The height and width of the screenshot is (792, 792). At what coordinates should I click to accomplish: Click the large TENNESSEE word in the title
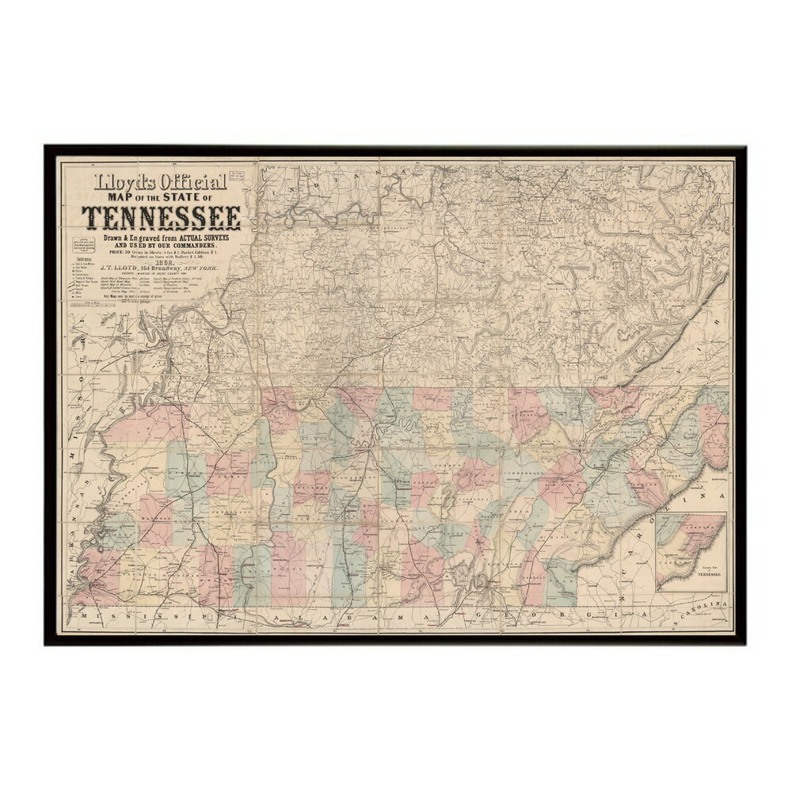point(164,216)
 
